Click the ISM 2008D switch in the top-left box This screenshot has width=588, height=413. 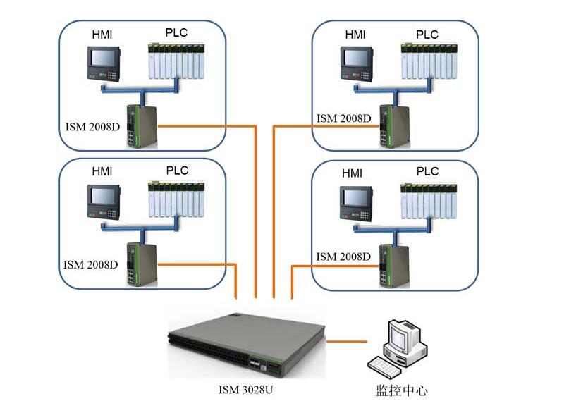coord(135,125)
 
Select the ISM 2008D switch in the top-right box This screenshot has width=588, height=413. coord(386,125)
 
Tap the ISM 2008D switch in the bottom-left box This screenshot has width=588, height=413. coord(135,264)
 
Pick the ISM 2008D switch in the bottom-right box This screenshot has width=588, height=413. coord(386,265)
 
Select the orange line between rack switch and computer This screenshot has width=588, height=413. coord(348,342)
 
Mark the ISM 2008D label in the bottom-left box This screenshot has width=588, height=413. coord(90,265)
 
